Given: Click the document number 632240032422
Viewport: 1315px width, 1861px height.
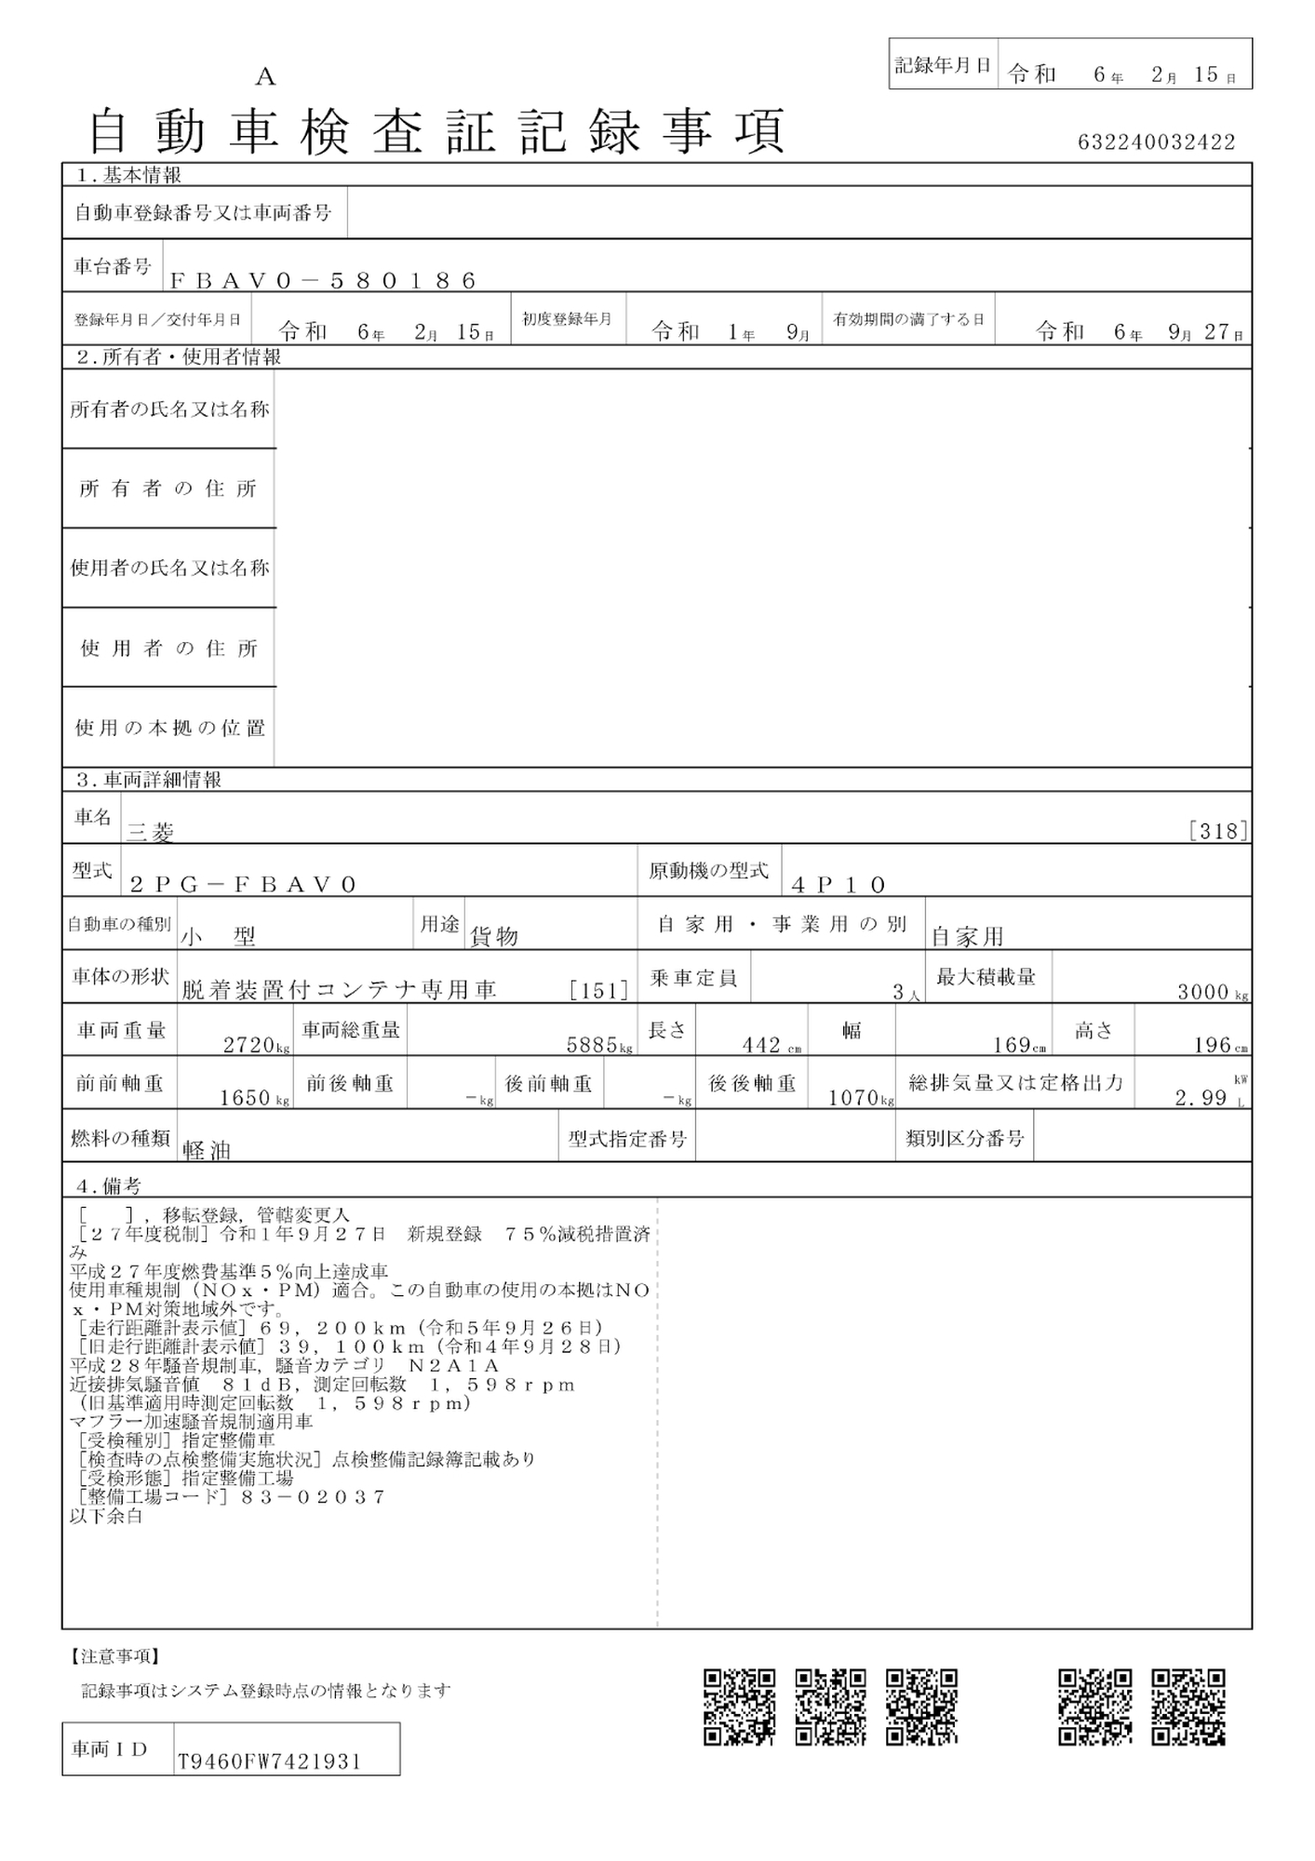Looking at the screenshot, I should (x=1156, y=142).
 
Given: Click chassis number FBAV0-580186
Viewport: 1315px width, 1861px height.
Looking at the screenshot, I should (x=324, y=280).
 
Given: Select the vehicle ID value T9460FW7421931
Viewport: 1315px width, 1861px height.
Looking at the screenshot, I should (x=268, y=1761).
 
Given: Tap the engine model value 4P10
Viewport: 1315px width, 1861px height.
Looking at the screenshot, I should (x=838, y=884).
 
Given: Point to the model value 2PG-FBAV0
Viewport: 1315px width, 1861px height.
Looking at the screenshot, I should (x=244, y=884).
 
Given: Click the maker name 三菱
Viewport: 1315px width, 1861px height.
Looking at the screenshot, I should (x=151, y=833).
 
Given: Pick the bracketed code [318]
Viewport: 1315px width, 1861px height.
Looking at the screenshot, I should (x=1218, y=831).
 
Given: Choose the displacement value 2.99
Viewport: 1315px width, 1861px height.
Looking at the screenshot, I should (x=1201, y=1098).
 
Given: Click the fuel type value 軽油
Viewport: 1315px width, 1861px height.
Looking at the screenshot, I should (x=207, y=1151).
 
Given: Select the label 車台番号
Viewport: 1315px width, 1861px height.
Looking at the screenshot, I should (x=113, y=267).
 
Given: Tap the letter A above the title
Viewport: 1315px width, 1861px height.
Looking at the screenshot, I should (x=265, y=77).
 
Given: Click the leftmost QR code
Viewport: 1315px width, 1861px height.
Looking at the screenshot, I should (x=739, y=1707).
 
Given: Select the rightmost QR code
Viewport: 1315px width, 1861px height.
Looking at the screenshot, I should (x=1188, y=1707).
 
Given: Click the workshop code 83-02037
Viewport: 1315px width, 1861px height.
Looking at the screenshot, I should (x=313, y=1497).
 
